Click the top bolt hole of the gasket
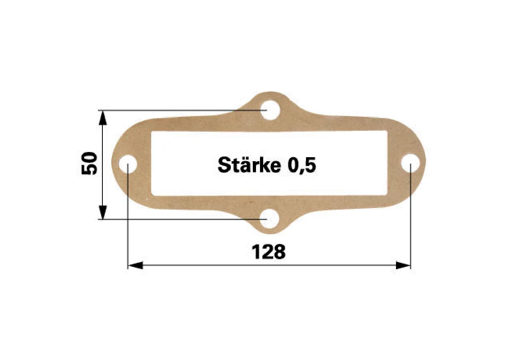click(270, 110)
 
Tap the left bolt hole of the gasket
click(128, 164)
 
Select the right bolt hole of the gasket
click(410, 163)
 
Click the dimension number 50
click(89, 164)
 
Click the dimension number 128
click(269, 252)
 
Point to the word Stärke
click(249, 164)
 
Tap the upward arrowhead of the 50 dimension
click(103, 118)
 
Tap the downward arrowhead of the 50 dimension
click(103, 212)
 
